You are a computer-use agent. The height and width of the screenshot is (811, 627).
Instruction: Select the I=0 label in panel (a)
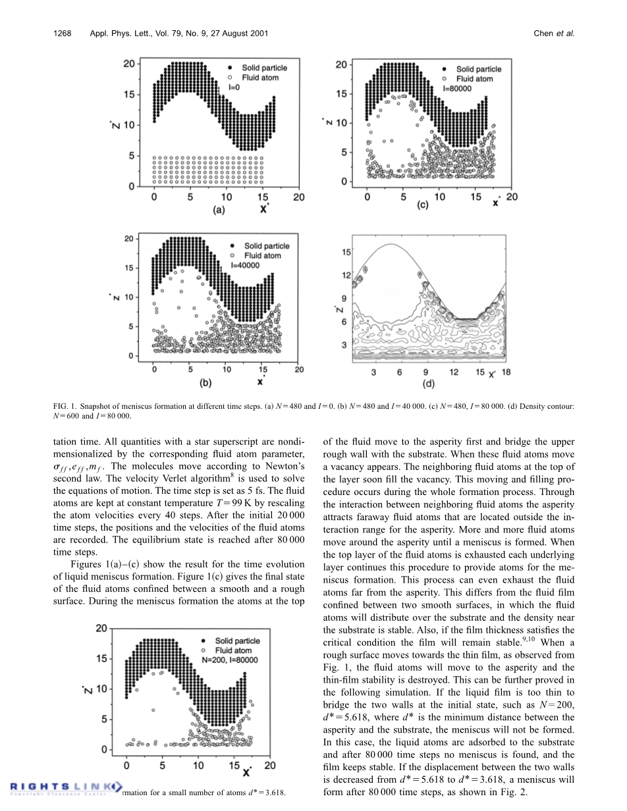[x=234, y=87]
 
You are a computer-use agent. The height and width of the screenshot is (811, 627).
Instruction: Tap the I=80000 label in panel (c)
[x=458, y=88]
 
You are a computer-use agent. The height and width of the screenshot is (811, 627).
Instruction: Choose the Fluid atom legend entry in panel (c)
[x=474, y=78]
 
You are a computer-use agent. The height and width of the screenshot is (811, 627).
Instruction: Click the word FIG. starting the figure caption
[x=61, y=407]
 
